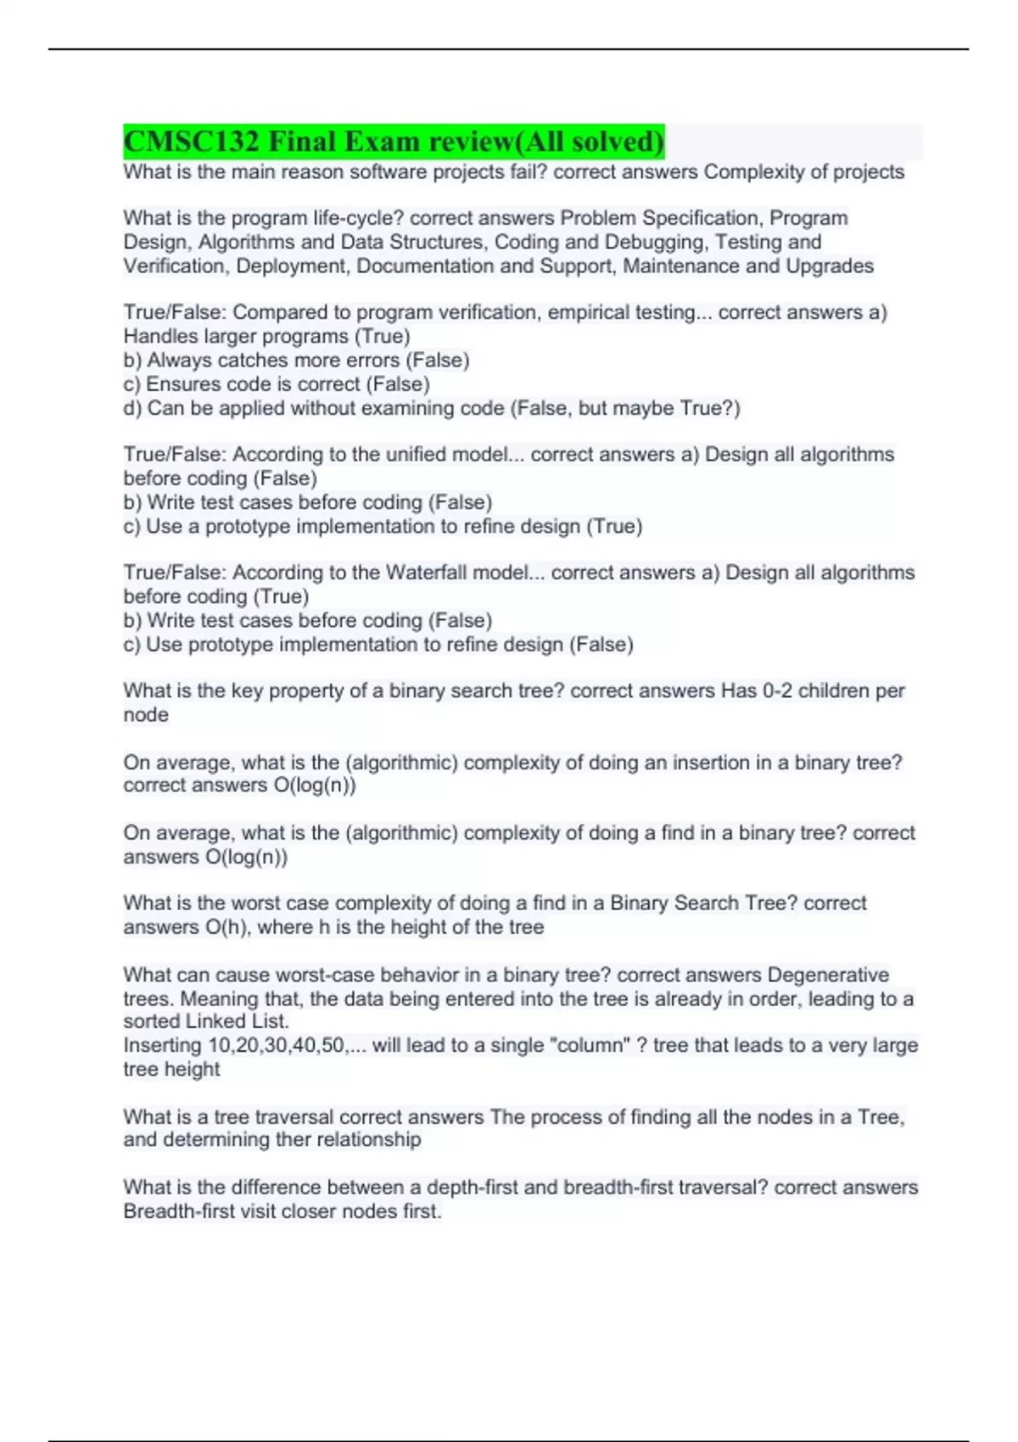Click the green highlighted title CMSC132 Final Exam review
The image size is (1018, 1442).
coord(394,142)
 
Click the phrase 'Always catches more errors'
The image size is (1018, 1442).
coord(274,360)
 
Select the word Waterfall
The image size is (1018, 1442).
coord(426,573)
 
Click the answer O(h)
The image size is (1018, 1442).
coord(227,927)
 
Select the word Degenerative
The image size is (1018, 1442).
coord(828,975)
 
